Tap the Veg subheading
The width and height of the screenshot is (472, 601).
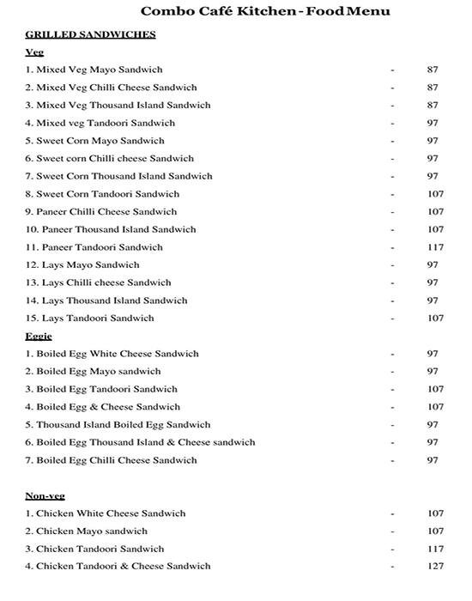[x=34, y=52]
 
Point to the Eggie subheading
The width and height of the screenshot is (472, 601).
[x=39, y=336]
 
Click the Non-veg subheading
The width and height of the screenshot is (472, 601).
[x=45, y=495]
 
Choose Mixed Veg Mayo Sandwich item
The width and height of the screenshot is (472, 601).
[x=94, y=70]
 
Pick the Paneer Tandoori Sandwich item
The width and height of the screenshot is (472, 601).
[x=94, y=247]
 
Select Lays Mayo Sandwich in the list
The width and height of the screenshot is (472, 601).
[x=82, y=264]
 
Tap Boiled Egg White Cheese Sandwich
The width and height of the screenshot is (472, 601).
[x=112, y=354]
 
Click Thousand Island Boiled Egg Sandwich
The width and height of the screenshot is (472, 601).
[x=118, y=425]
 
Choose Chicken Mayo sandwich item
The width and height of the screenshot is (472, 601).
[x=87, y=531]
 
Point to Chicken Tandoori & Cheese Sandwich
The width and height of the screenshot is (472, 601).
[x=118, y=567]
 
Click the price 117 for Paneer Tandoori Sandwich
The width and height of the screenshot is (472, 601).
[x=435, y=247]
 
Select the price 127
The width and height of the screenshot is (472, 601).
[x=435, y=567]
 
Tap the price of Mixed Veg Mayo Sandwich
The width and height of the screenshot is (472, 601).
[x=433, y=70]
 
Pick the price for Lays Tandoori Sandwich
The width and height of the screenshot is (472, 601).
[x=435, y=319]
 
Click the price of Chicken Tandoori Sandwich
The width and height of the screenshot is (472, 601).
[x=435, y=549]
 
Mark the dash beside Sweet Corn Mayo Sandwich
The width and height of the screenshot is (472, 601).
[x=392, y=141]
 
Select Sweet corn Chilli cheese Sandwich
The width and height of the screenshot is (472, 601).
[x=110, y=158]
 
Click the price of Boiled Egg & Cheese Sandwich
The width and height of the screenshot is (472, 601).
[x=435, y=407]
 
